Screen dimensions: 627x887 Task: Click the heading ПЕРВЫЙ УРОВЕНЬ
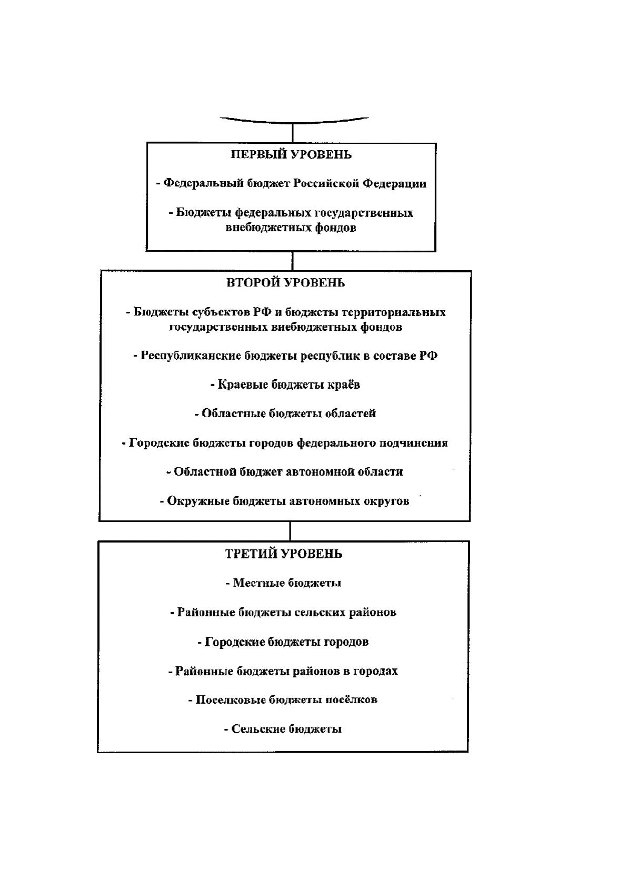coord(291,154)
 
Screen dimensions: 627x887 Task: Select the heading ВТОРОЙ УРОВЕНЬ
coord(285,283)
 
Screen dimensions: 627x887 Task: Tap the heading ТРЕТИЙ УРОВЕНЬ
coord(283,554)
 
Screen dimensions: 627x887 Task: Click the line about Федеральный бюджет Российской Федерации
coord(291,183)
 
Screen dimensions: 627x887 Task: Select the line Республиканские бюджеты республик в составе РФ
coord(285,355)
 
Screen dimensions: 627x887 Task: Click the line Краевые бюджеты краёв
coord(285,385)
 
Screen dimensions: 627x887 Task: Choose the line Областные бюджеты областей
coord(285,413)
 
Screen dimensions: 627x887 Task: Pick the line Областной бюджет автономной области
coord(285,471)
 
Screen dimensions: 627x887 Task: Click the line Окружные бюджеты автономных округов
coord(284,501)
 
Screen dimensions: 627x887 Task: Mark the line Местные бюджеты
coord(283,583)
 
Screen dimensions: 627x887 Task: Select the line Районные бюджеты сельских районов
coord(283,612)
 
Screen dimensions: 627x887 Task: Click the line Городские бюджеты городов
coord(283,642)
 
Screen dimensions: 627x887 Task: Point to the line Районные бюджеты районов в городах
coord(283,671)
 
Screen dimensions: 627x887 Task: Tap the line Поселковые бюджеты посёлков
coord(283,699)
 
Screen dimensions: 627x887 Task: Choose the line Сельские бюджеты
coord(283,729)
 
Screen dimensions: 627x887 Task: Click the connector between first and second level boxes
coord(292,261)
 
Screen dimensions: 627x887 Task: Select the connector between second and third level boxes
coord(290,531)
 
